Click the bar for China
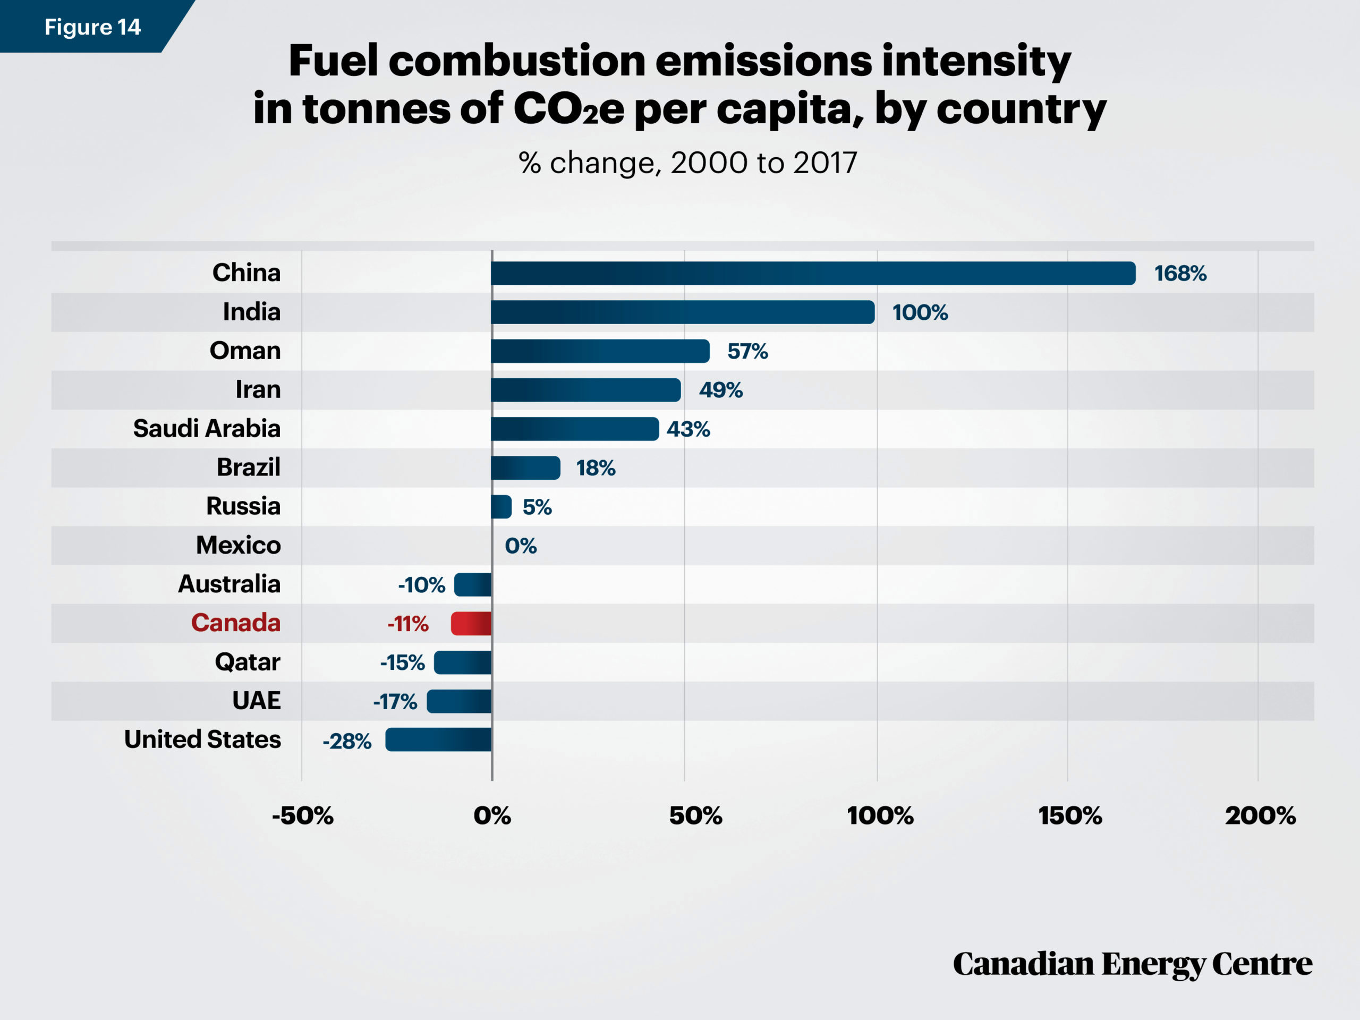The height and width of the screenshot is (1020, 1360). pos(813,273)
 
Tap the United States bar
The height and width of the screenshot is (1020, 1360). pos(438,739)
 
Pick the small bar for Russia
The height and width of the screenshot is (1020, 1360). pos(501,507)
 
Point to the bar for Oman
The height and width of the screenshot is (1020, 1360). pos(600,351)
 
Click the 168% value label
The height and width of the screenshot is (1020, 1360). pos(1180,274)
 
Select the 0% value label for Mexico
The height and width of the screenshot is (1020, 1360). pos(521,546)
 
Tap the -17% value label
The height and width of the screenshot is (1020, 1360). pos(395,702)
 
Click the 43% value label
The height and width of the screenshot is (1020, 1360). pos(688,429)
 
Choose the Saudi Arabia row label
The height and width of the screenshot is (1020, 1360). pos(207,428)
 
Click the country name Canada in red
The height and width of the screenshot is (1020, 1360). pos(235,623)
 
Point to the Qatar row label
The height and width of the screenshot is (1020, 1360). pos(248,662)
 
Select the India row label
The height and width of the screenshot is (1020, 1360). pos(251,312)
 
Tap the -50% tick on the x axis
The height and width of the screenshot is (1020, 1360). pos(302,816)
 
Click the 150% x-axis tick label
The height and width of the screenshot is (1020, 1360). pos(1070,816)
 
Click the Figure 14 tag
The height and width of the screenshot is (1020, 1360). pos(93,27)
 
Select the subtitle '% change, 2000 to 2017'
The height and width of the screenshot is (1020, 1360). pos(688,163)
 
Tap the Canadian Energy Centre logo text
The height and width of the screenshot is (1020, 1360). pos(1133,964)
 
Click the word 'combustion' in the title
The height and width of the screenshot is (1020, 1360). pos(517,61)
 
